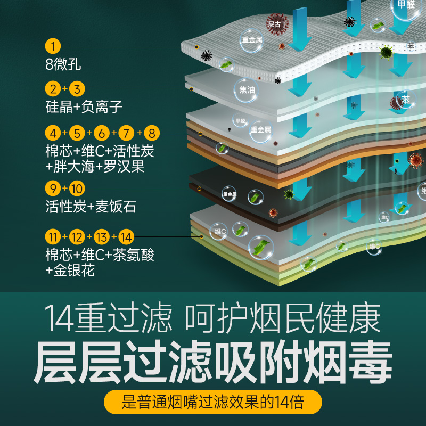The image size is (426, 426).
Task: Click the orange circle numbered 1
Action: point(53,46)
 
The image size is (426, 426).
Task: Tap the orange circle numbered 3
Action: point(78,89)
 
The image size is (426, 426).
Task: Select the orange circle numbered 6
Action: point(103,133)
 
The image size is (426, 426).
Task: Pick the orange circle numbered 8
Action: point(152,133)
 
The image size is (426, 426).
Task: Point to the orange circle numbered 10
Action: point(77,188)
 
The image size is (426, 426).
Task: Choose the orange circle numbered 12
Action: point(77,236)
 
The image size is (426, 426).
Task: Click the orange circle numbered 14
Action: point(126,236)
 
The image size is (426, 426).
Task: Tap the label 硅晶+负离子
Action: point(84,107)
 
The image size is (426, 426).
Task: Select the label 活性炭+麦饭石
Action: point(91,206)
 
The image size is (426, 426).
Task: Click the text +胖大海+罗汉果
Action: point(95,167)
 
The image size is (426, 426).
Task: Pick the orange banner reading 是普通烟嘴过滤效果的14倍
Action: point(213,402)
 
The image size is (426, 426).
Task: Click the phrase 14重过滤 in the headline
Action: point(109,318)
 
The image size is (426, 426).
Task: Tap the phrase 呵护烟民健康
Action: point(283,318)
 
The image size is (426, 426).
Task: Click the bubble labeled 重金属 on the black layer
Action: point(229,194)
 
